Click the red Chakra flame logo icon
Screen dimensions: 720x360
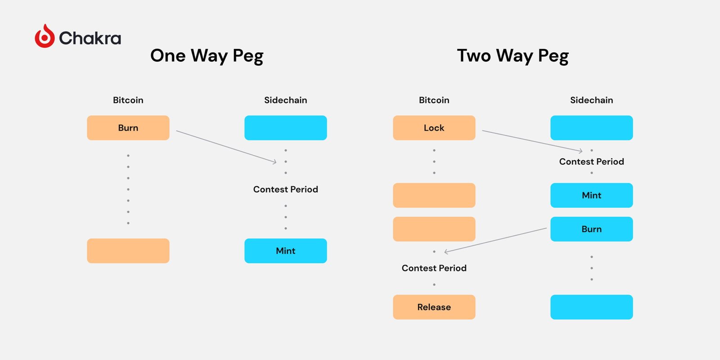pyautogui.click(x=45, y=36)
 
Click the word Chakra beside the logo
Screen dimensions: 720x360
pyautogui.click(x=90, y=38)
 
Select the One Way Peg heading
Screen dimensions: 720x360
pyautogui.click(x=207, y=56)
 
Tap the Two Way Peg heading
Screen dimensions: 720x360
pyautogui.click(x=513, y=56)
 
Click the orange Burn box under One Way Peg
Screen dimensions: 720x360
pyautogui.click(x=128, y=128)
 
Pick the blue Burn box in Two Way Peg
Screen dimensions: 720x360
pyautogui.click(x=591, y=229)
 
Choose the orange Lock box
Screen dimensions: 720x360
pyautogui.click(x=434, y=128)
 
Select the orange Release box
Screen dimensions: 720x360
pyautogui.click(x=434, y=307)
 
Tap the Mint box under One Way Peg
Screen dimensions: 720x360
pyautogui.click(x=286, y=251)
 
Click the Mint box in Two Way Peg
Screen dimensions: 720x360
pyautogui.click(x=591, y=195)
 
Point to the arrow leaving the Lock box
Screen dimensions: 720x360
pyautogui.click(x=532, y=141)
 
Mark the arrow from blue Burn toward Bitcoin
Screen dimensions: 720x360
pyautogui.click(x=495, y=240)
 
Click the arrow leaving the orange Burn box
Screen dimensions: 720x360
pyautogui.click(x=226, y=147)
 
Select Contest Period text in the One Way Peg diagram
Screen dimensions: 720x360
pyautogui.click(x=286, y=189)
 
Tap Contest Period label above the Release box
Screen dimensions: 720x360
pyautogui.click(x=434, y=268)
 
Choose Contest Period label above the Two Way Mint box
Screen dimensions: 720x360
pyautogui.click(x=591, y=162)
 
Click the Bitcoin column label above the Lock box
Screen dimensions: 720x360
pyautogui.click(x=434, y=100)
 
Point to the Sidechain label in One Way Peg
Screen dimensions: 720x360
pyautogui.click(x=286, y=100)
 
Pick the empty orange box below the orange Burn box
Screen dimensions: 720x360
pyautogui.click(x=128, y=251)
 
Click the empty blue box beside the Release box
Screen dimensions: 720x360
pyautogui.click(x=591, y=307)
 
